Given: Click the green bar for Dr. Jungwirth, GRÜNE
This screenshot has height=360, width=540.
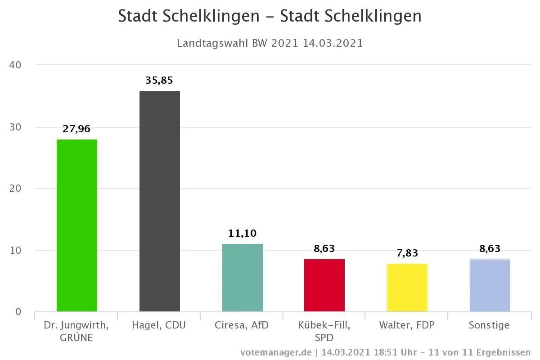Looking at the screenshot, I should [76, 225].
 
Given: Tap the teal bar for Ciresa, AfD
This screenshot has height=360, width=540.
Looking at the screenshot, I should [242, 278].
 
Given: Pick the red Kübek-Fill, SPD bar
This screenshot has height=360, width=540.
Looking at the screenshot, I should [324, 285].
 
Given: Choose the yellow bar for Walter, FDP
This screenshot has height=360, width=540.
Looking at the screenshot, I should [407, 288].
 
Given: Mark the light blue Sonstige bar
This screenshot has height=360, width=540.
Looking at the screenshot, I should [490, 285].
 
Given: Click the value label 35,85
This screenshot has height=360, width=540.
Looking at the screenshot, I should [159, 81].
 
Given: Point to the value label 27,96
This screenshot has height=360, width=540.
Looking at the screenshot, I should [76, 129].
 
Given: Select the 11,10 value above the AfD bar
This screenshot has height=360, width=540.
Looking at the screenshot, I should [242, 233].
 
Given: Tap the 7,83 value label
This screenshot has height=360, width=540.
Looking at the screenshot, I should [407, 253].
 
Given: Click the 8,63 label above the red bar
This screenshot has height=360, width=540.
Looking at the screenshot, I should [324, 248].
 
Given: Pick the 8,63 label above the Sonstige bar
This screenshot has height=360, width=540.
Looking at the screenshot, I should [490, 248].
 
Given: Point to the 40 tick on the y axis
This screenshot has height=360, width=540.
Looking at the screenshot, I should [15, 65].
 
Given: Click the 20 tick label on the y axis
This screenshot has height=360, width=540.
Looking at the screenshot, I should [15, 189].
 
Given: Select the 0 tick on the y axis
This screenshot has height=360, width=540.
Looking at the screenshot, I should [18, 312].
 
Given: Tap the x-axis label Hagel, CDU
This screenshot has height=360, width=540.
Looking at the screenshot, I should [159, 325].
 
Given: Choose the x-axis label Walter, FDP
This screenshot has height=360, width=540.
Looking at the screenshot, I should [407, 325].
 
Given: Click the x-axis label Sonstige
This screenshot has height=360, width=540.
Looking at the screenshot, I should [490, 325].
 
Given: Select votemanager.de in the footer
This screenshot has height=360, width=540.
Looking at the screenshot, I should [275, 352].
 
